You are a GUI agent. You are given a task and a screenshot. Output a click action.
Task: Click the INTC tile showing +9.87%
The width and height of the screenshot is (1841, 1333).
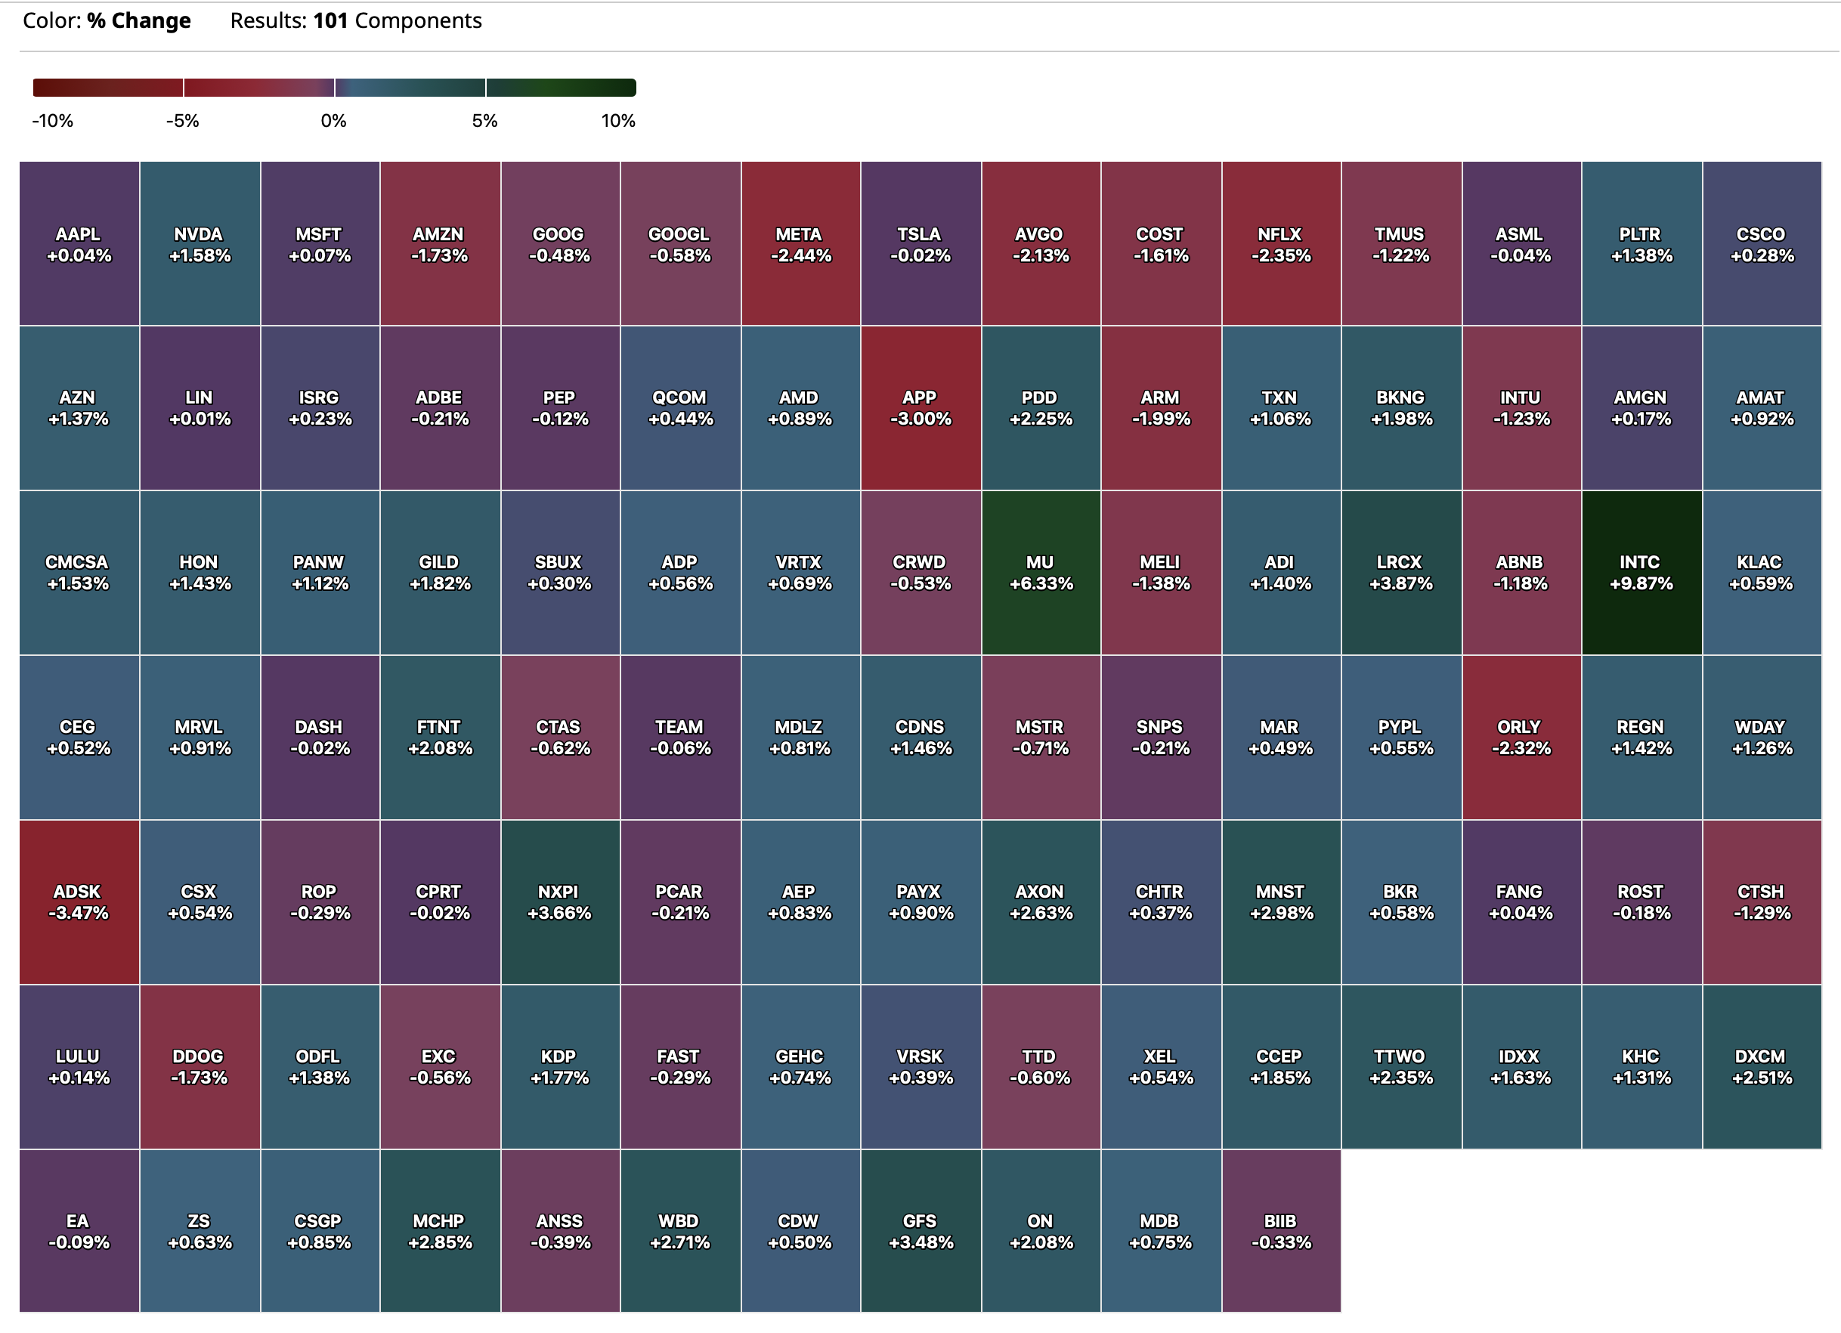(x=1641, y=573)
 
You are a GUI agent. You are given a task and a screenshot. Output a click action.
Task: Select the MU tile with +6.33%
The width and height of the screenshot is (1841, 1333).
(x=1041, y=573)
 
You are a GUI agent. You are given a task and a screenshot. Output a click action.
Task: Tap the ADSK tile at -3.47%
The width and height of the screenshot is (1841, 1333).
(x=79, y=902)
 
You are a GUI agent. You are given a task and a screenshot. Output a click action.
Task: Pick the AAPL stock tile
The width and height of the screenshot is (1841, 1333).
(x=79, y=244)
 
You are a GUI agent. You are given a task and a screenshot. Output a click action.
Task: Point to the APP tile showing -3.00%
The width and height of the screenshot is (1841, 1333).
(x=921, y=408)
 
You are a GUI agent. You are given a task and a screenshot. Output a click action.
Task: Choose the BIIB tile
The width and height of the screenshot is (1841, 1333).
(x=1281, y=1231)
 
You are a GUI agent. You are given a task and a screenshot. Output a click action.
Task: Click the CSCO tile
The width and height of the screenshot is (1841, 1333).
(x=1762, y=244)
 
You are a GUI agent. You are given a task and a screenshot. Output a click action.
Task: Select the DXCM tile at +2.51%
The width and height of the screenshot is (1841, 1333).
(x=1762, y=1067)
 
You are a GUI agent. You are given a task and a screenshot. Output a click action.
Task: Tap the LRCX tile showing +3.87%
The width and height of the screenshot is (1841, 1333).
(x=1401, y=573)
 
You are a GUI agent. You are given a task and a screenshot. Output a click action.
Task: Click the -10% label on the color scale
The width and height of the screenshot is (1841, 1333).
(x=53, y=121)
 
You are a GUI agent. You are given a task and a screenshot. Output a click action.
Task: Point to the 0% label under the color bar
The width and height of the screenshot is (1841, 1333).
(x=333, y=121)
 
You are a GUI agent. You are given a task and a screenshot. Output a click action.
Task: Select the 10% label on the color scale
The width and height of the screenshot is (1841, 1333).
(x=617, y=121)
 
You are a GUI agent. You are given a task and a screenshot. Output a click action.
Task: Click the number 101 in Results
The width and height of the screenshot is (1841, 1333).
(x=330, y=20)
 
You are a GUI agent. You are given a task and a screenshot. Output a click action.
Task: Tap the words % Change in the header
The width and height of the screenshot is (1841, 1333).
(x=139, y=20)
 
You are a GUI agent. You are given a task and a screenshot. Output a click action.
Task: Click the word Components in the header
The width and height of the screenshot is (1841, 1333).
(x=418, y=20)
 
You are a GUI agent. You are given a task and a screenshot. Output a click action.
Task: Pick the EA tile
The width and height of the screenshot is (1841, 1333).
(x=79, y=1231)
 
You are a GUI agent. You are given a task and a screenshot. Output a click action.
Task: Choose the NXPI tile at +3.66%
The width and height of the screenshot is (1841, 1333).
(x=559, y=902)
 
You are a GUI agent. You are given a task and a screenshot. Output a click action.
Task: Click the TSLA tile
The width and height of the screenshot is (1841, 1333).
(x=921, y=244)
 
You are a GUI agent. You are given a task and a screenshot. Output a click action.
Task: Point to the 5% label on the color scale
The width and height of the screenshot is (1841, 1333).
(x=484, y=121)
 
